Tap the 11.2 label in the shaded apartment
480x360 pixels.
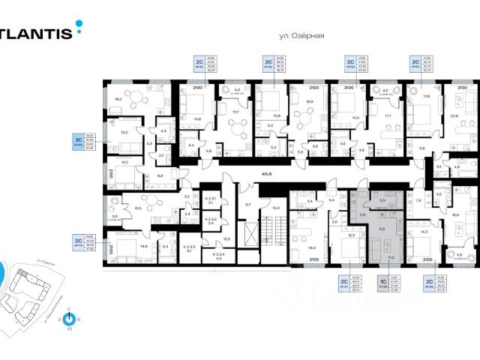(x=391, y=256)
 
